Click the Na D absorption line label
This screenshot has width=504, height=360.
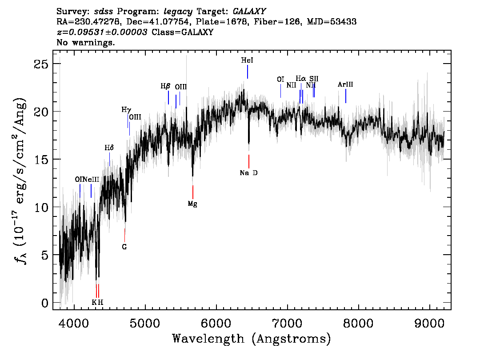pos(248,173)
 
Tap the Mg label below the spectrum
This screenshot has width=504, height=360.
pos(192,204)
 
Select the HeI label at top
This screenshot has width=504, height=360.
pos(247,60)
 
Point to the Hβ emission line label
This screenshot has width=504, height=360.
pos(165,86)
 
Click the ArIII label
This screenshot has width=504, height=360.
pos(345,84)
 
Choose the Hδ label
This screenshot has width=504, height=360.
pos(109,148)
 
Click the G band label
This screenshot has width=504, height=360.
pos(124,247)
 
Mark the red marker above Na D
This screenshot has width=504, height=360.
pos(249,161)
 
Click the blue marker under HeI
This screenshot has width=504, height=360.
pos(248,72)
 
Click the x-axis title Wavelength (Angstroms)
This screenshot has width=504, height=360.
pos(251,339)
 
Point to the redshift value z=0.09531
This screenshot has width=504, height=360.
pos(102,32)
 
